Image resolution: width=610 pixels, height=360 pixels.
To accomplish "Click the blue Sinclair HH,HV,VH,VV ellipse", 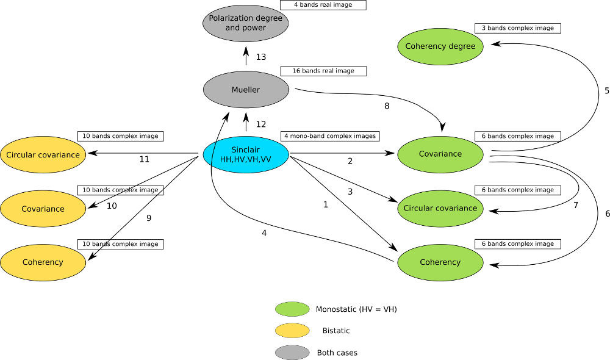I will pos(246,154).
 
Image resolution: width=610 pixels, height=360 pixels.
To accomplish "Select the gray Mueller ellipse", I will pos(246,90).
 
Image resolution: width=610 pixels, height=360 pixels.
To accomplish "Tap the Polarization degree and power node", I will pos(246,23).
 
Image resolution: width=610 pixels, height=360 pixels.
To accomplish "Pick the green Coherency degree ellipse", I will pos(440,46).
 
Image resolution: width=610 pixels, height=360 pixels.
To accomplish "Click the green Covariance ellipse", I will pos(440,154).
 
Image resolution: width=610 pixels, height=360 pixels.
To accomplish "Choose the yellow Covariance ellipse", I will pos(43,209).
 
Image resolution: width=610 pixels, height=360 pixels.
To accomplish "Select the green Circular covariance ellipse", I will pos(440,208).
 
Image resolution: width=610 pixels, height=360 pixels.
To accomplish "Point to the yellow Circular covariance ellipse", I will pos(43,154).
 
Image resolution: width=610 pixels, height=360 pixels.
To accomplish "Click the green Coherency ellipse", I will pos(440,262).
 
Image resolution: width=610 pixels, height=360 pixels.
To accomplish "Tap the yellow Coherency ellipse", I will pos(43,262).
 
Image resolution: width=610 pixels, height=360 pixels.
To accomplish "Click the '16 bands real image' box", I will pos(323,71).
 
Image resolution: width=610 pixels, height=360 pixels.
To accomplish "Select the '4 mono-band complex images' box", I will pos(329,135).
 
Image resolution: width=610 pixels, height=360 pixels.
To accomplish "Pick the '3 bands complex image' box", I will pos(517,28).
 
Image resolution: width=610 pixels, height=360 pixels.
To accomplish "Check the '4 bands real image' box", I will pos(323,5).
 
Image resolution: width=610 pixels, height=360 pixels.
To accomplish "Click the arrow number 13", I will pos(261,57).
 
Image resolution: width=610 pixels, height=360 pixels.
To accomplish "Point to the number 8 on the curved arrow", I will pos(386,106).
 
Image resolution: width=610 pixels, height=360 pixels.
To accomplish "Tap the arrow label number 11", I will pos(145,159).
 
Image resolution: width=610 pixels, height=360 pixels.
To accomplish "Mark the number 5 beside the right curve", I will pos(606,90).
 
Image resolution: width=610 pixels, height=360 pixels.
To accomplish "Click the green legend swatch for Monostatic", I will pos(292,309).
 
